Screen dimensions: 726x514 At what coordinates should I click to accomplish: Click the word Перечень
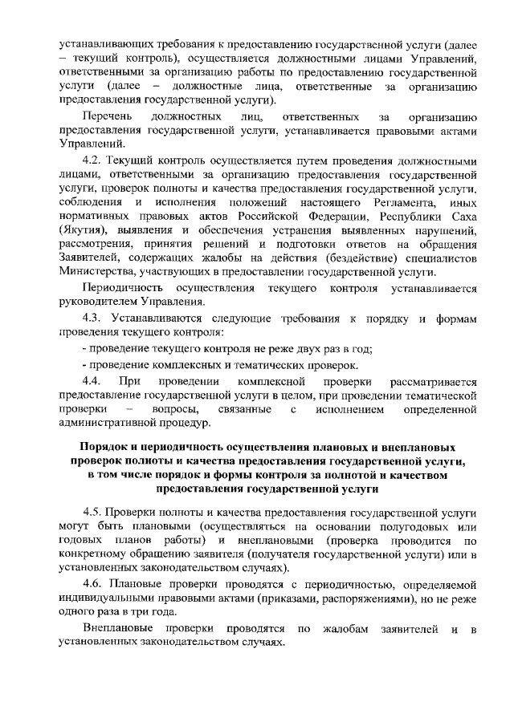click(x=108, y=117)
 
